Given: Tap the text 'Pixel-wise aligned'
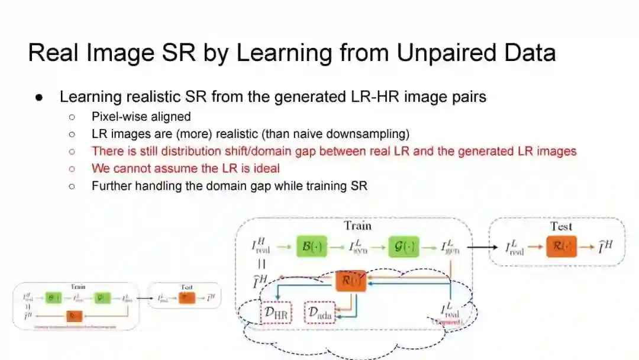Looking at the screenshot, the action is point(141,117).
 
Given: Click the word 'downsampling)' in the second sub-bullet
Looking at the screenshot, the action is point(373,134).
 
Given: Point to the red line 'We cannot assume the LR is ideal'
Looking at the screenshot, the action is point(185,168).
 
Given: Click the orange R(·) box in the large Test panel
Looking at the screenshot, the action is point(561,246).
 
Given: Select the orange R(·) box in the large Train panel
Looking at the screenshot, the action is point(351,280).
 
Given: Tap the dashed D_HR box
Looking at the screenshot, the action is point(276,313).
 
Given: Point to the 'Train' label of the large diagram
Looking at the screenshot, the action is point(358,226).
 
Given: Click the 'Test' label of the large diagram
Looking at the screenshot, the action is point(561,226).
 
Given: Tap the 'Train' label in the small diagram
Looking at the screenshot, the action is point(78,287).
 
